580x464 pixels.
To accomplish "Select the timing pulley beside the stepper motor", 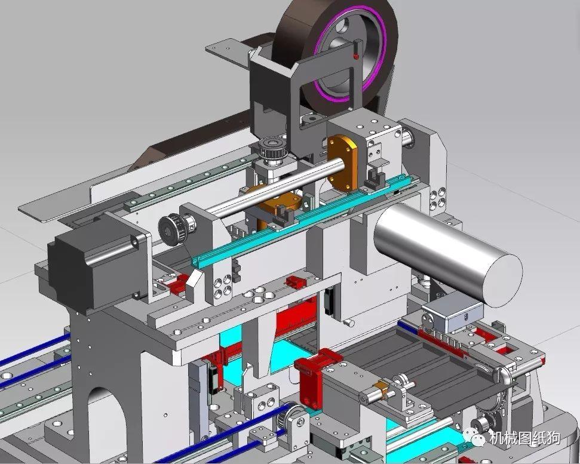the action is tap(171, 229).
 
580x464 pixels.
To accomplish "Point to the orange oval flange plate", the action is tap(342, 162).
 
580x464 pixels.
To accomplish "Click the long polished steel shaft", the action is tap(275, 187).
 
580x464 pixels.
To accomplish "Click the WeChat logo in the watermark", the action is tap(474, 437).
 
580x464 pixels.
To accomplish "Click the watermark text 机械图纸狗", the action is tap(524, 438).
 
